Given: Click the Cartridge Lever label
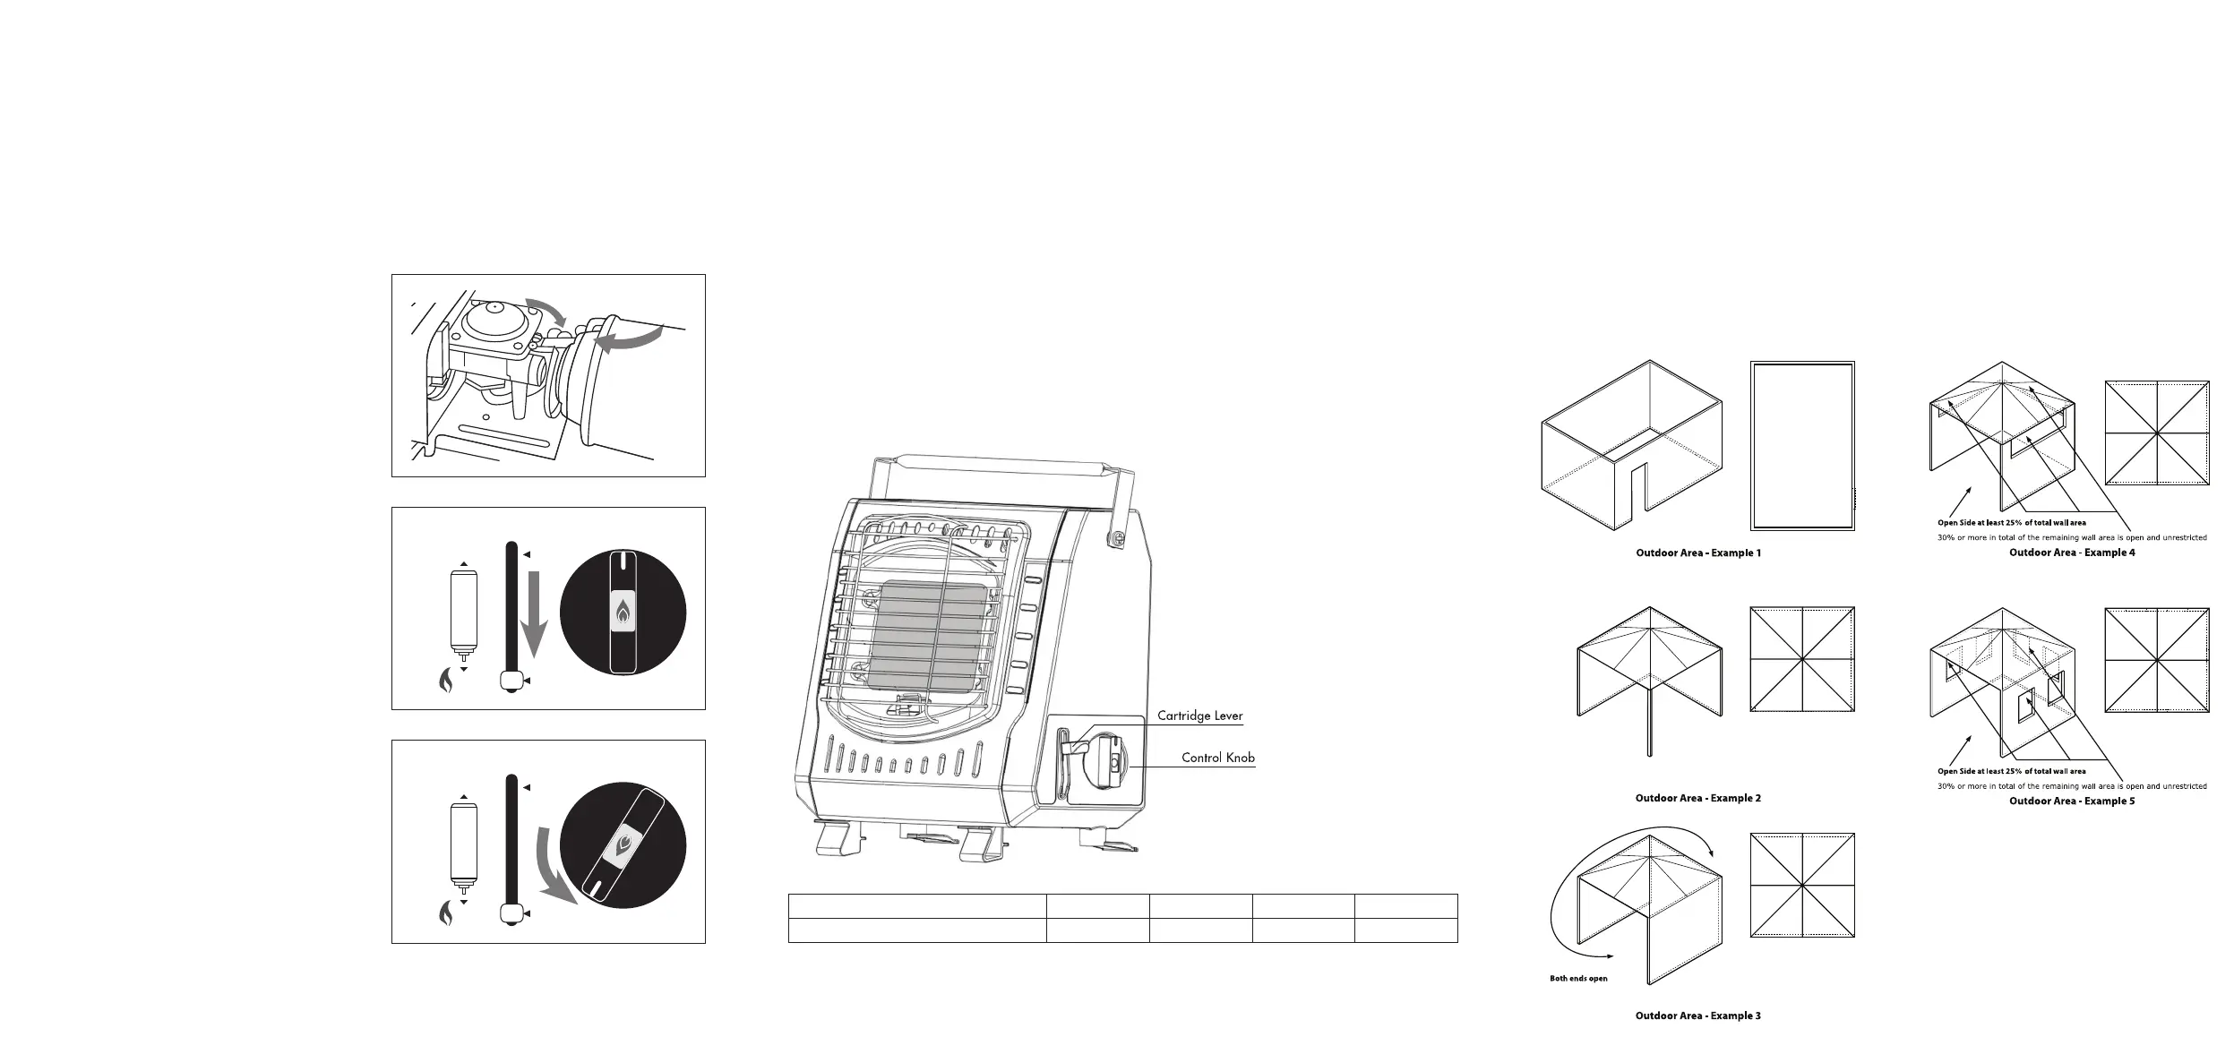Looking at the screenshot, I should (1199, 716).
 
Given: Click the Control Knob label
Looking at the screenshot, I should (1217, 758).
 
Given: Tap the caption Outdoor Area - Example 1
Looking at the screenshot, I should (1697, 553).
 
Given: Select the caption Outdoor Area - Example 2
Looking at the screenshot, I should (1697, 798).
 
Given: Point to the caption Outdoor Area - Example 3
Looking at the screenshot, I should (1697, 1015).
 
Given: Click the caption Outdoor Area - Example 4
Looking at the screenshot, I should (2071, 553).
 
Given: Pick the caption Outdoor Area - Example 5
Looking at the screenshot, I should (2071, 801).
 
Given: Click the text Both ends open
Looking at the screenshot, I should (1578, 979).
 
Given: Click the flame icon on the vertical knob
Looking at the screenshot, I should (623, 613).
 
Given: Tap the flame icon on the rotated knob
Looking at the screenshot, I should (623, 847).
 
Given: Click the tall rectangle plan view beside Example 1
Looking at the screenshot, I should (1801, 446).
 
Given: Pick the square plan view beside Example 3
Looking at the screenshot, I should (1801, 886).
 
